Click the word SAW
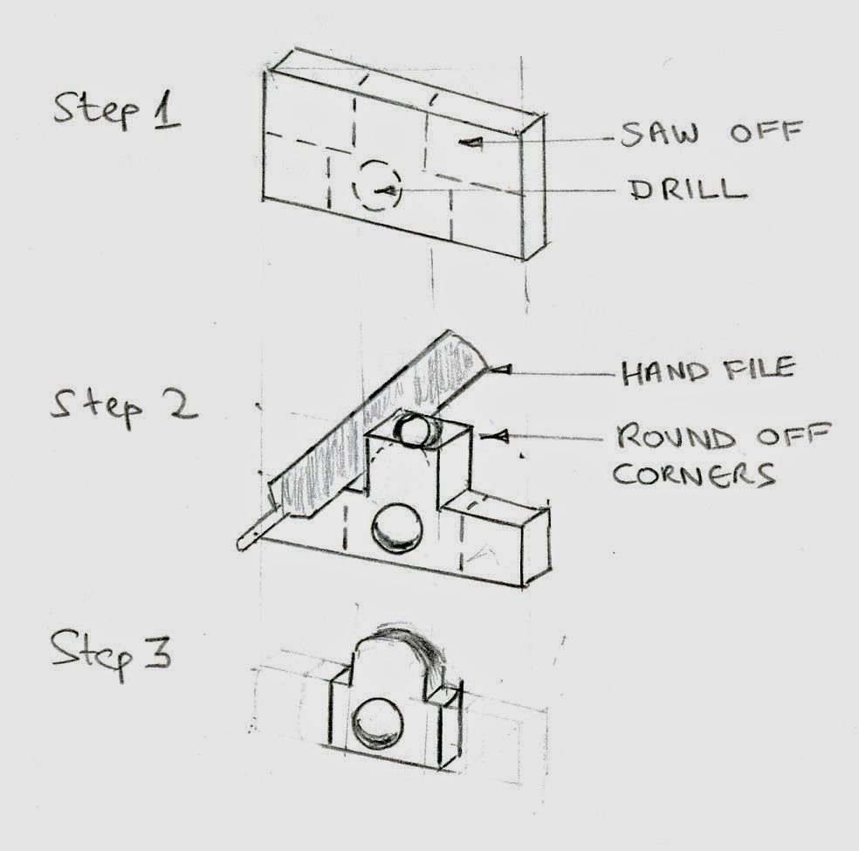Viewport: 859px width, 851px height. coord(660,134)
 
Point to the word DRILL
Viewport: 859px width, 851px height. coord(688,190)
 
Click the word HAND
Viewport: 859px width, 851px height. coord(665,373)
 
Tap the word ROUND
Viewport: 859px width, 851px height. coord(676,437)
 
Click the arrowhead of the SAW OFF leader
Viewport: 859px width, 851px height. coord(471,142)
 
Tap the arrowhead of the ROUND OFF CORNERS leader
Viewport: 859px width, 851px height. coord(495,437)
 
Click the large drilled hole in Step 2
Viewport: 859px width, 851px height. coord(397,529)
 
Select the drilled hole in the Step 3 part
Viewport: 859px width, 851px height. coord(377,723)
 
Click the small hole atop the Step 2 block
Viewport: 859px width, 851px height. coord(416,430)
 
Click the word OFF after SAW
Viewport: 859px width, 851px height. coord(766,132)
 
